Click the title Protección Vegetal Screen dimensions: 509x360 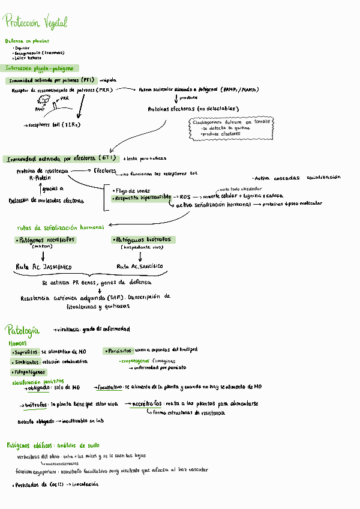coord(36,23)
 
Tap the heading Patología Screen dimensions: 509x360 coord(23,330)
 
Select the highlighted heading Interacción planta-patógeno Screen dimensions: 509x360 coord(43,68)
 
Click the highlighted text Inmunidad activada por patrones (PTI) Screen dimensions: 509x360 coord(52,80)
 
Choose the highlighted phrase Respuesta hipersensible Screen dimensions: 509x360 coord(142,197)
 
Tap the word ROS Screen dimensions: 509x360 coord(185,196)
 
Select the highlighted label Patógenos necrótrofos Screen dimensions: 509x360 coord(46,239)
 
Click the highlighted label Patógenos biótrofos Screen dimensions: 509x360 coord(143,239)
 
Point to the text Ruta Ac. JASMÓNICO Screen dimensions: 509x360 coord(44,266)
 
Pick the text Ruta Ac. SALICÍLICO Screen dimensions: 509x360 coord(139,266)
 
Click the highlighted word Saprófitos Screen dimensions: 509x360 coord(26,351)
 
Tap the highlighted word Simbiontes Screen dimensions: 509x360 coord(26,362)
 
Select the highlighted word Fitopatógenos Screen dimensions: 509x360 coord(29,372)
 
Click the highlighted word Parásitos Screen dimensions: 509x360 coord(119,351)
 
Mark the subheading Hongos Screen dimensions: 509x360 coord(17,343)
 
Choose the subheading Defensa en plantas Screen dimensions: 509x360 coord(27,41)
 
